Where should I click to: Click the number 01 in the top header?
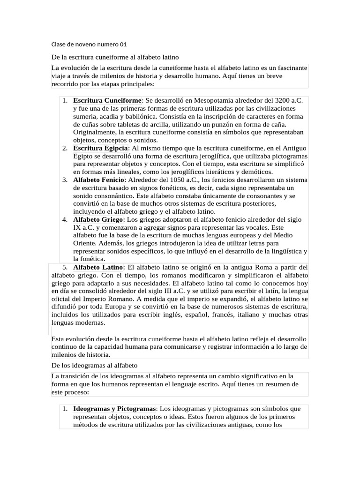click(123, 45)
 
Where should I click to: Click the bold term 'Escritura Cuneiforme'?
click(107, 100)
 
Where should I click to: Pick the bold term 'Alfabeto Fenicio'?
click(99, 180)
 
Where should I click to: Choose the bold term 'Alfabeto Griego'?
click(98, 219)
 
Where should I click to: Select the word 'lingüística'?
click(281, 251)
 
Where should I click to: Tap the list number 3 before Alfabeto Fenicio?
click(65, 180)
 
